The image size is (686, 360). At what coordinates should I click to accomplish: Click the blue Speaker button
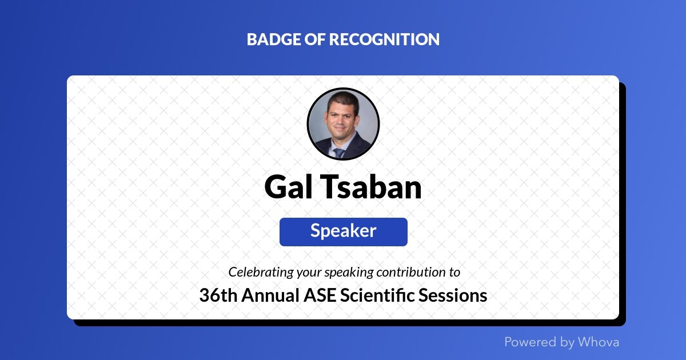[x=343, y=231]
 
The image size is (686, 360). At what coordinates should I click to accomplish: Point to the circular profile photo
[x=343, y=124]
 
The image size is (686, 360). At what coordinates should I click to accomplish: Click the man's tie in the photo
[x=340, y=153]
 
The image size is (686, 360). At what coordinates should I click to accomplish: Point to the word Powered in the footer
[x=531, y=342]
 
